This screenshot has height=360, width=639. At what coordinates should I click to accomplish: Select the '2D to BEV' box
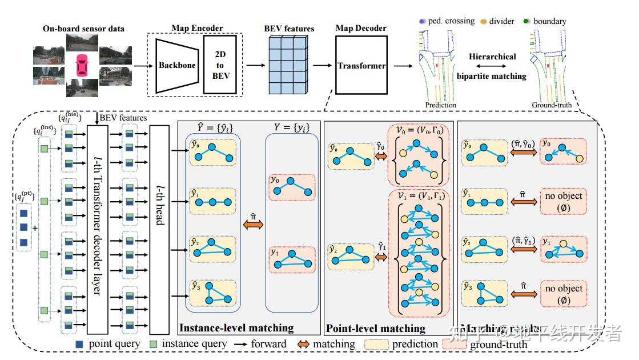(220, 63)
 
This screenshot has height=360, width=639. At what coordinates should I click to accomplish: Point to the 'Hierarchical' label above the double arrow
(492, 57)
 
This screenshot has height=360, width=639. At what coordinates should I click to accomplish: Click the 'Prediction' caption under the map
(440, 105)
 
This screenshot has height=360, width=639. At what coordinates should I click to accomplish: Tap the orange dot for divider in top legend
(483, 22)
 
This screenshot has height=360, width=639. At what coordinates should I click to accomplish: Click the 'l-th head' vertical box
(159, 229)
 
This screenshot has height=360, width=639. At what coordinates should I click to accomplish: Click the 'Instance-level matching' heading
(236, 328)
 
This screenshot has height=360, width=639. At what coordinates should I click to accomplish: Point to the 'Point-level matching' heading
(375, 328)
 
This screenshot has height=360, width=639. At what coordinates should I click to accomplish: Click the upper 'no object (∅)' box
(563, 201)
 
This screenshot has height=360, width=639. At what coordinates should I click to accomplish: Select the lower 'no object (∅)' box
(563, 294)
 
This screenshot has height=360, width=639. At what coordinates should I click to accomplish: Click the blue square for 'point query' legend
(80, 345)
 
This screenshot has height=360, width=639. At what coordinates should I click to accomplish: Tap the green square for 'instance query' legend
(153, 345)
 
